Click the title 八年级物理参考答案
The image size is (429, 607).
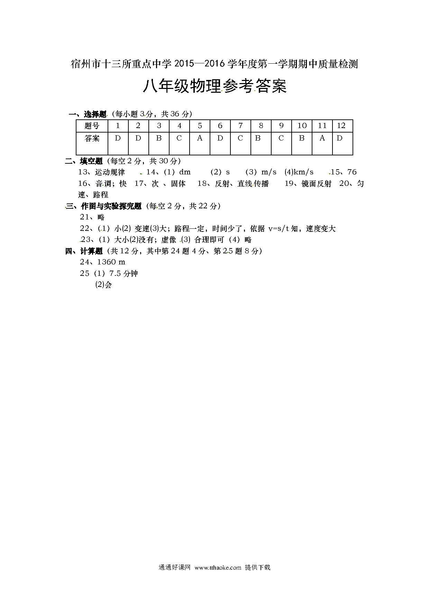[x=214, y=86]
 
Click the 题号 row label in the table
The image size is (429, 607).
[x=92, y=126]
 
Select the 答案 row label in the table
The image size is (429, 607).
[x=92, y=138]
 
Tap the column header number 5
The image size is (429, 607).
[x=200, y=126]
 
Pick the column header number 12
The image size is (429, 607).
[x=341, y=126]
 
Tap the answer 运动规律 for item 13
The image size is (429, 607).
[x=110, y=172]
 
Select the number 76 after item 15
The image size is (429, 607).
[x=352, y=172]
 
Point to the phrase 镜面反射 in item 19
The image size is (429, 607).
[x=316, y=184]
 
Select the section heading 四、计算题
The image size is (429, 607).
[x=84, y=251]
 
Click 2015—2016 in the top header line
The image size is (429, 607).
[x=200, y=64]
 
